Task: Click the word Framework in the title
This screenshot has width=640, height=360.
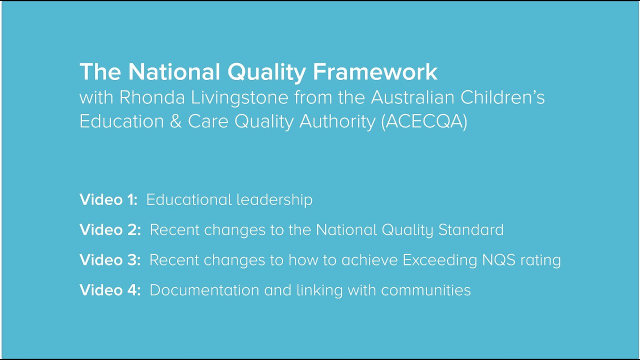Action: [x=375, y=72]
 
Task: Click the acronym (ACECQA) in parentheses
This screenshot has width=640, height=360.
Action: [x=424, y=122]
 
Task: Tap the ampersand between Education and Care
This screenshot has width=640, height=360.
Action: [x=175, y=122]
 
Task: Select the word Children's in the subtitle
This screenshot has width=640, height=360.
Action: [x=502, y=97]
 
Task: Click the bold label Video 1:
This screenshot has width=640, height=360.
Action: [x=108, y=199]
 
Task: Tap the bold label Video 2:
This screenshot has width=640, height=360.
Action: [x=110, y=229]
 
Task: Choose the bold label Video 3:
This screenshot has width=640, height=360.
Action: [x=110, y=260]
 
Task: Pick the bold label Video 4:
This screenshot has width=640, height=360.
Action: [x=110, y=290]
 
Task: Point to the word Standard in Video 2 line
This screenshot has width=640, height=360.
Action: [x=471, y=229]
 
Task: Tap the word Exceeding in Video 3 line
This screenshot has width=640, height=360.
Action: [x=435, y=260]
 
